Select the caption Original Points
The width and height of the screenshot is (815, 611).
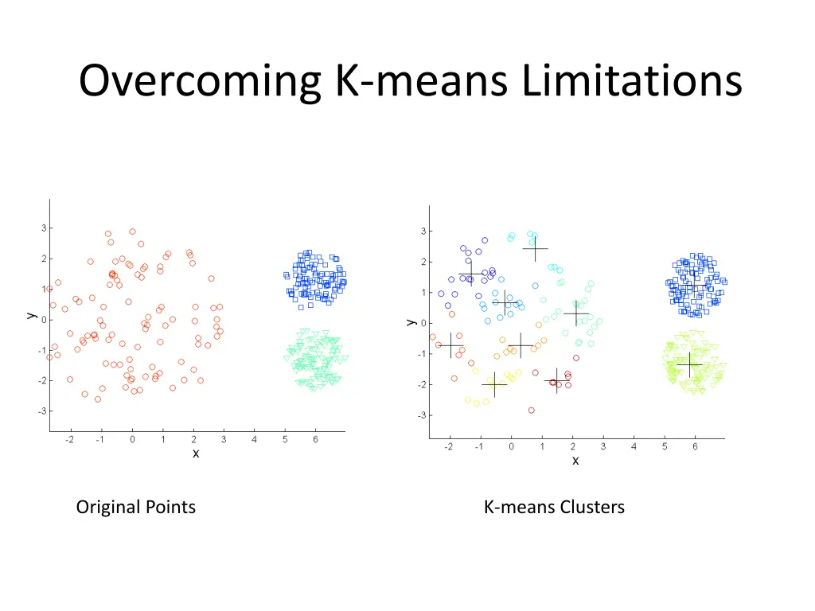136,507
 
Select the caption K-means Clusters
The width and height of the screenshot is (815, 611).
554,507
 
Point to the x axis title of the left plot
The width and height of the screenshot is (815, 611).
196,453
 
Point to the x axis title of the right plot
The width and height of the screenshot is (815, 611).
575,461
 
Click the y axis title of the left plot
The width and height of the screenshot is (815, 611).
30,315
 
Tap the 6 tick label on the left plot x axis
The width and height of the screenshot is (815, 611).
315,440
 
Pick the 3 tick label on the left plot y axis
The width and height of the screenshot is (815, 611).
43,228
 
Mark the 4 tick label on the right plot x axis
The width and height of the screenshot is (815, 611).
634,446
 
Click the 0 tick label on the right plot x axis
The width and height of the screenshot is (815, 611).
511,446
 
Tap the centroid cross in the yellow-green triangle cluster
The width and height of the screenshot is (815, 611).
689,364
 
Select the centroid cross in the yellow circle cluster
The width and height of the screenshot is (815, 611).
494,384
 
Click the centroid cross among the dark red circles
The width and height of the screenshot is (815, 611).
557,380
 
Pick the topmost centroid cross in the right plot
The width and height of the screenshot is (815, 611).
535,248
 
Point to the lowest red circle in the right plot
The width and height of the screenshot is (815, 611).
531,411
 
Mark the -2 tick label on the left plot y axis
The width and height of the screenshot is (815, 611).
41,380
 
